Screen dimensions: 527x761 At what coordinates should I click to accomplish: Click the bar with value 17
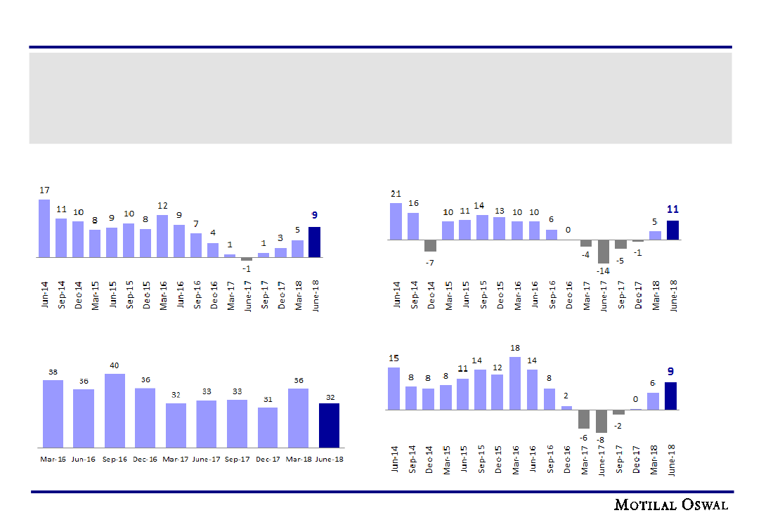[x=44, y=228]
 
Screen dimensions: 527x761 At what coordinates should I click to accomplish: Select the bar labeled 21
[x=396, y=221]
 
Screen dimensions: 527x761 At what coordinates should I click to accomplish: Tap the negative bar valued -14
[x=603, y=252]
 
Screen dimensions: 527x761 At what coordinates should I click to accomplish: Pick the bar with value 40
[x=115, y=410]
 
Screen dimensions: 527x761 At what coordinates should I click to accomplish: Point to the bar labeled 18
[x=515, y=383]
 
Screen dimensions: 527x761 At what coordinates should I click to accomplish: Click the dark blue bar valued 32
[x=329, y=425]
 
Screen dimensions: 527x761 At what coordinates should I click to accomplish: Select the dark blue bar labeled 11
[x=672, y=230]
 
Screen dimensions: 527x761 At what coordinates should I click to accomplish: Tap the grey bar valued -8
[x=601, y=421]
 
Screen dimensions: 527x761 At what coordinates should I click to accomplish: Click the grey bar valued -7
[x=430, y=245]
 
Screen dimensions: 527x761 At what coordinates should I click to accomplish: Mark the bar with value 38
[x=53, y=413]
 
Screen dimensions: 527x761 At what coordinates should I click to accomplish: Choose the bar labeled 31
[x=268, y=427]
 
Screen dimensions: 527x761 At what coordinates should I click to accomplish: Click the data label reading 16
[x=413, y=204]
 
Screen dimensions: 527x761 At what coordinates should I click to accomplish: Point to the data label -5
[x=620, y=261]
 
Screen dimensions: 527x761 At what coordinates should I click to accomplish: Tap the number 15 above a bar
[x=393, y=358]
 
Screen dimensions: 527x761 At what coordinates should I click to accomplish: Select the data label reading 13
[x=499, y=211]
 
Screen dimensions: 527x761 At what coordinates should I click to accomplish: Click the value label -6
[x=584, y=437]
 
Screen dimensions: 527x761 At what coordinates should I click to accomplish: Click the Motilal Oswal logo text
[x=671, y=505]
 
